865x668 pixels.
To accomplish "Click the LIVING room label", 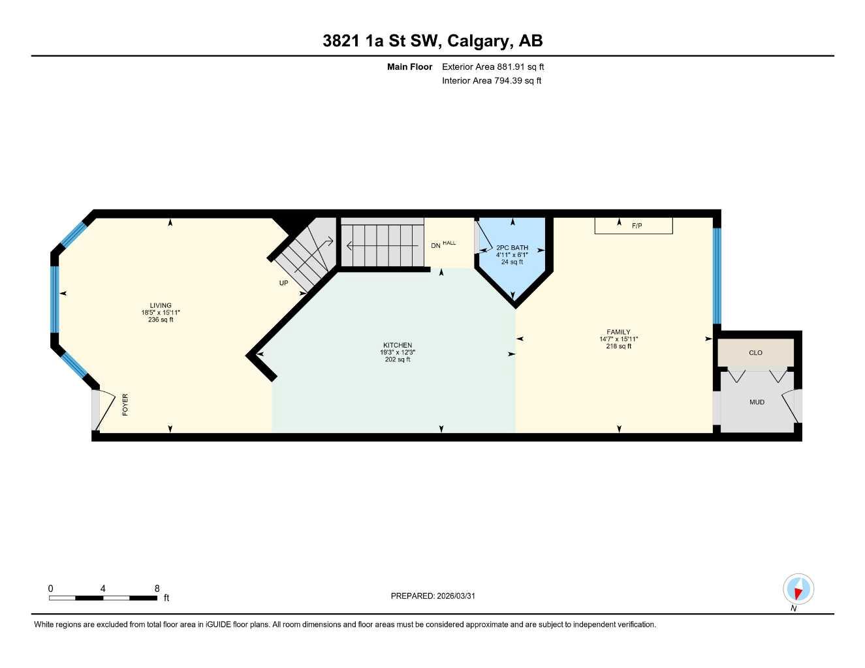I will coord(161,305).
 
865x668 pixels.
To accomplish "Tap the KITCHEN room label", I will coord(397,345).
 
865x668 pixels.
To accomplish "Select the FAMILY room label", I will coord(618,332).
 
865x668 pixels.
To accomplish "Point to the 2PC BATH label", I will coord(512,248).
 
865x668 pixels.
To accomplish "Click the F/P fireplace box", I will coord(633,226).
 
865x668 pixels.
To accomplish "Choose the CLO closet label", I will coord(755,353).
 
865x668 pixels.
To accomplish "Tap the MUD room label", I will coord(757,402).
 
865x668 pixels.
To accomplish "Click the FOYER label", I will coord(125,404).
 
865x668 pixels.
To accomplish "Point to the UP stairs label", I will coord(284,283).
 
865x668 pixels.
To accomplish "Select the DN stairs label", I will coord(435,246).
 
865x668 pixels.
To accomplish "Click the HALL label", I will coord(449,243).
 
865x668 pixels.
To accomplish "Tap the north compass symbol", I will coord(798,590).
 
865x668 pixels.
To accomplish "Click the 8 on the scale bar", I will coord(157,588).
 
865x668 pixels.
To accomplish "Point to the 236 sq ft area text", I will coord(161,320).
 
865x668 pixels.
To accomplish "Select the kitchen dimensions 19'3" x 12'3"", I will coord(397,352).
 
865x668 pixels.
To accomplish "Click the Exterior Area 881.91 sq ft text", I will coord(493,67).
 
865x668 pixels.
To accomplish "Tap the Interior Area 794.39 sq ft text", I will coord(492,81).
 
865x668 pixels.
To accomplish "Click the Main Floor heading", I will coord(409,67).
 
